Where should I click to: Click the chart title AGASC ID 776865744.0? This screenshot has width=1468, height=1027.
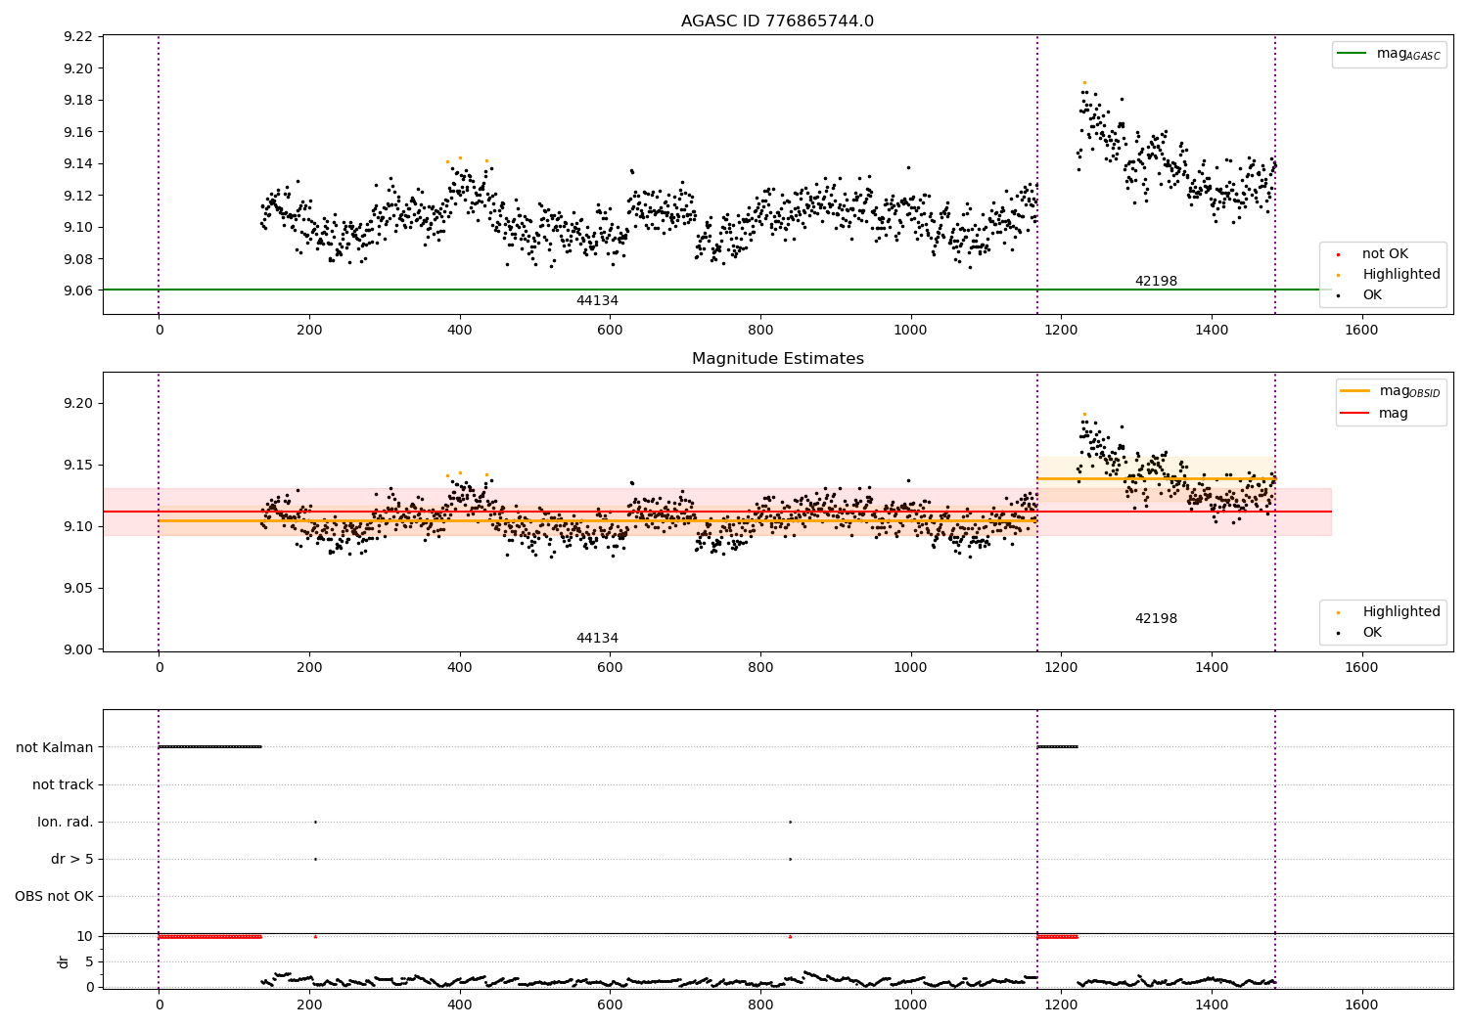(x=777, y=22)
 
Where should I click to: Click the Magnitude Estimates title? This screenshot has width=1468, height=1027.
(x=777, y=359)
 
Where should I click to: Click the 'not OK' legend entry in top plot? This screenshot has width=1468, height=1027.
(x=1385, y=254)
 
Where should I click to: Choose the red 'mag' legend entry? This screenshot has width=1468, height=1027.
(x=1393, y=413)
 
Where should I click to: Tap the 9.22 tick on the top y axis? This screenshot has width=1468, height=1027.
(x=77, y=37)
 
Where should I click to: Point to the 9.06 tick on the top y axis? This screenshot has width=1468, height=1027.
(x=77, y=290)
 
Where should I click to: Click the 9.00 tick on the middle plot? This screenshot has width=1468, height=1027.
(x=77, y=649)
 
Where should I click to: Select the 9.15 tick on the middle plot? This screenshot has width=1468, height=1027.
(x=77, y=465)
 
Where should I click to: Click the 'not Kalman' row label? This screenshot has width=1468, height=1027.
(x=55, y=747)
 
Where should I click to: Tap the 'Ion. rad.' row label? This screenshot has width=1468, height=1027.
(x=66, y=822)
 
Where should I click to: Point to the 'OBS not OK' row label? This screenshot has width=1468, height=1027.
(x=55, y=896)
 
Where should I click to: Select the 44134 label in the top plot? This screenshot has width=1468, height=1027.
(x=597, y=301)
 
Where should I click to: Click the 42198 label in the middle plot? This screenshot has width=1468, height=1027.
(x=1156, y=619)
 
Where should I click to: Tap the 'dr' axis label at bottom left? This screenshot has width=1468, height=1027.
(x=64, y=961)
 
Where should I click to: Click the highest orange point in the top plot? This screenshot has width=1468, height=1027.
(x=1084, y=83)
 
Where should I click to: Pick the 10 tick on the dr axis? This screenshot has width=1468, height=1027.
(x=84, y=936)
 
